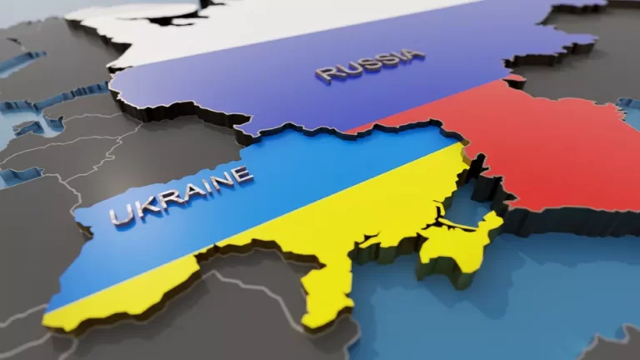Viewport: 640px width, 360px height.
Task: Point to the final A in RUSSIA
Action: click(412, 56)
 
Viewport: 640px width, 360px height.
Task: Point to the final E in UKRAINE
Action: click(241, 173)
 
